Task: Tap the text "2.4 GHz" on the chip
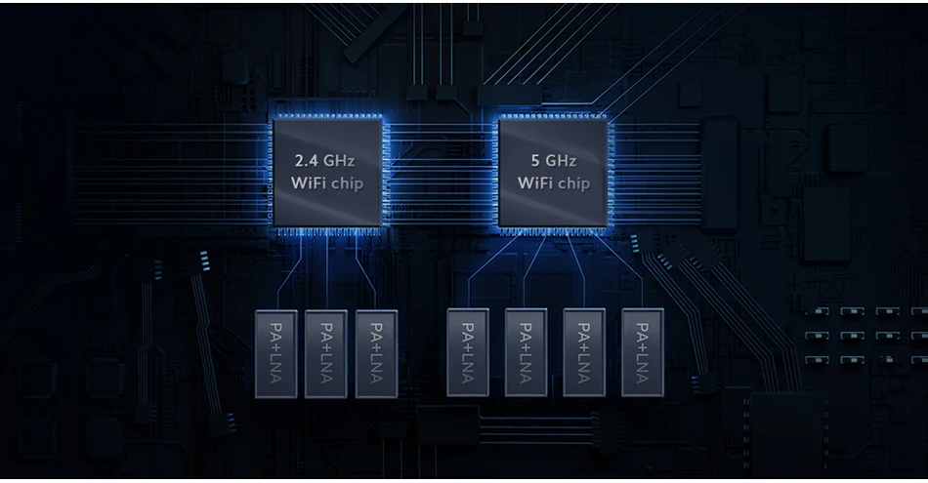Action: point(326,160)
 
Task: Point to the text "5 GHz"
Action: point(554,160)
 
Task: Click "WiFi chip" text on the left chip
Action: point(327,183)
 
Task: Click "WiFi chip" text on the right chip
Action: point(554,183)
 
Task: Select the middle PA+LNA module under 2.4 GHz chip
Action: point(325,352)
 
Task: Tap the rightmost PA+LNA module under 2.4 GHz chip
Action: point(376,352)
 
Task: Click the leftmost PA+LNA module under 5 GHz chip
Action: point(468,352)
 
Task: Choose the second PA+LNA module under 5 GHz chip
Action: point(526,352)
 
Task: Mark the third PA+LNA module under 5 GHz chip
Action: point(584,352)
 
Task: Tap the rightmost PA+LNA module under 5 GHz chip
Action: point(642,352)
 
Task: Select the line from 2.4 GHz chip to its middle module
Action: point(325,273)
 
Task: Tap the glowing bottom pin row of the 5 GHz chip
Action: point(553,232)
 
